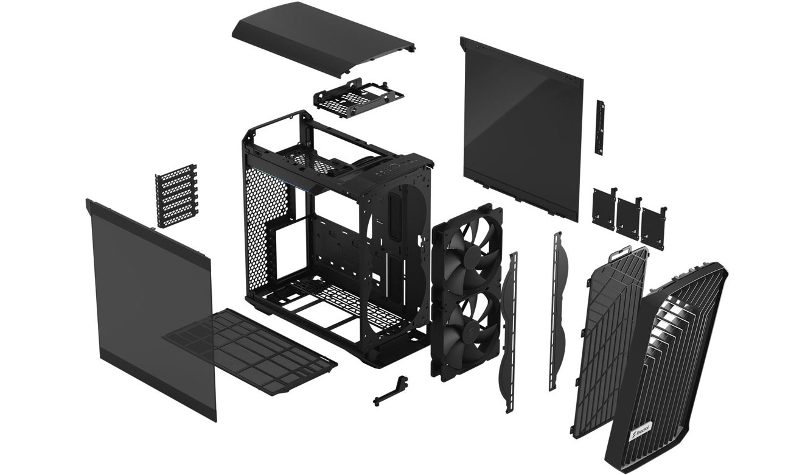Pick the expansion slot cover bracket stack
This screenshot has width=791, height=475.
pos(176,195)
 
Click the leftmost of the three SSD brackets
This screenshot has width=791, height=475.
pos(605,209)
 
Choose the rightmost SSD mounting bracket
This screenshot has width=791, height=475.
pos(653,228)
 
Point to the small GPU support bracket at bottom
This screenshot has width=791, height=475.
pos(390,390)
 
